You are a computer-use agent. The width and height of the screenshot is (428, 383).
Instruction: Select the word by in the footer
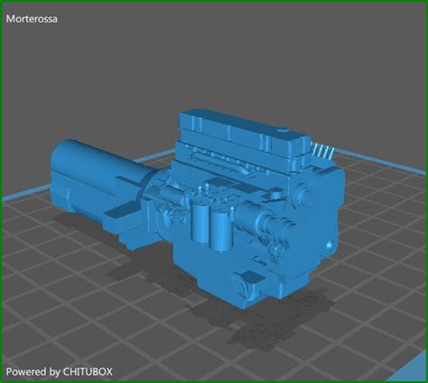pos(54,371)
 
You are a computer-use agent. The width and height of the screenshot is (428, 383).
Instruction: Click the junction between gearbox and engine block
pos(149,194)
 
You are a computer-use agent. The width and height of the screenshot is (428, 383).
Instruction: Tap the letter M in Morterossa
pos(11,17)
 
